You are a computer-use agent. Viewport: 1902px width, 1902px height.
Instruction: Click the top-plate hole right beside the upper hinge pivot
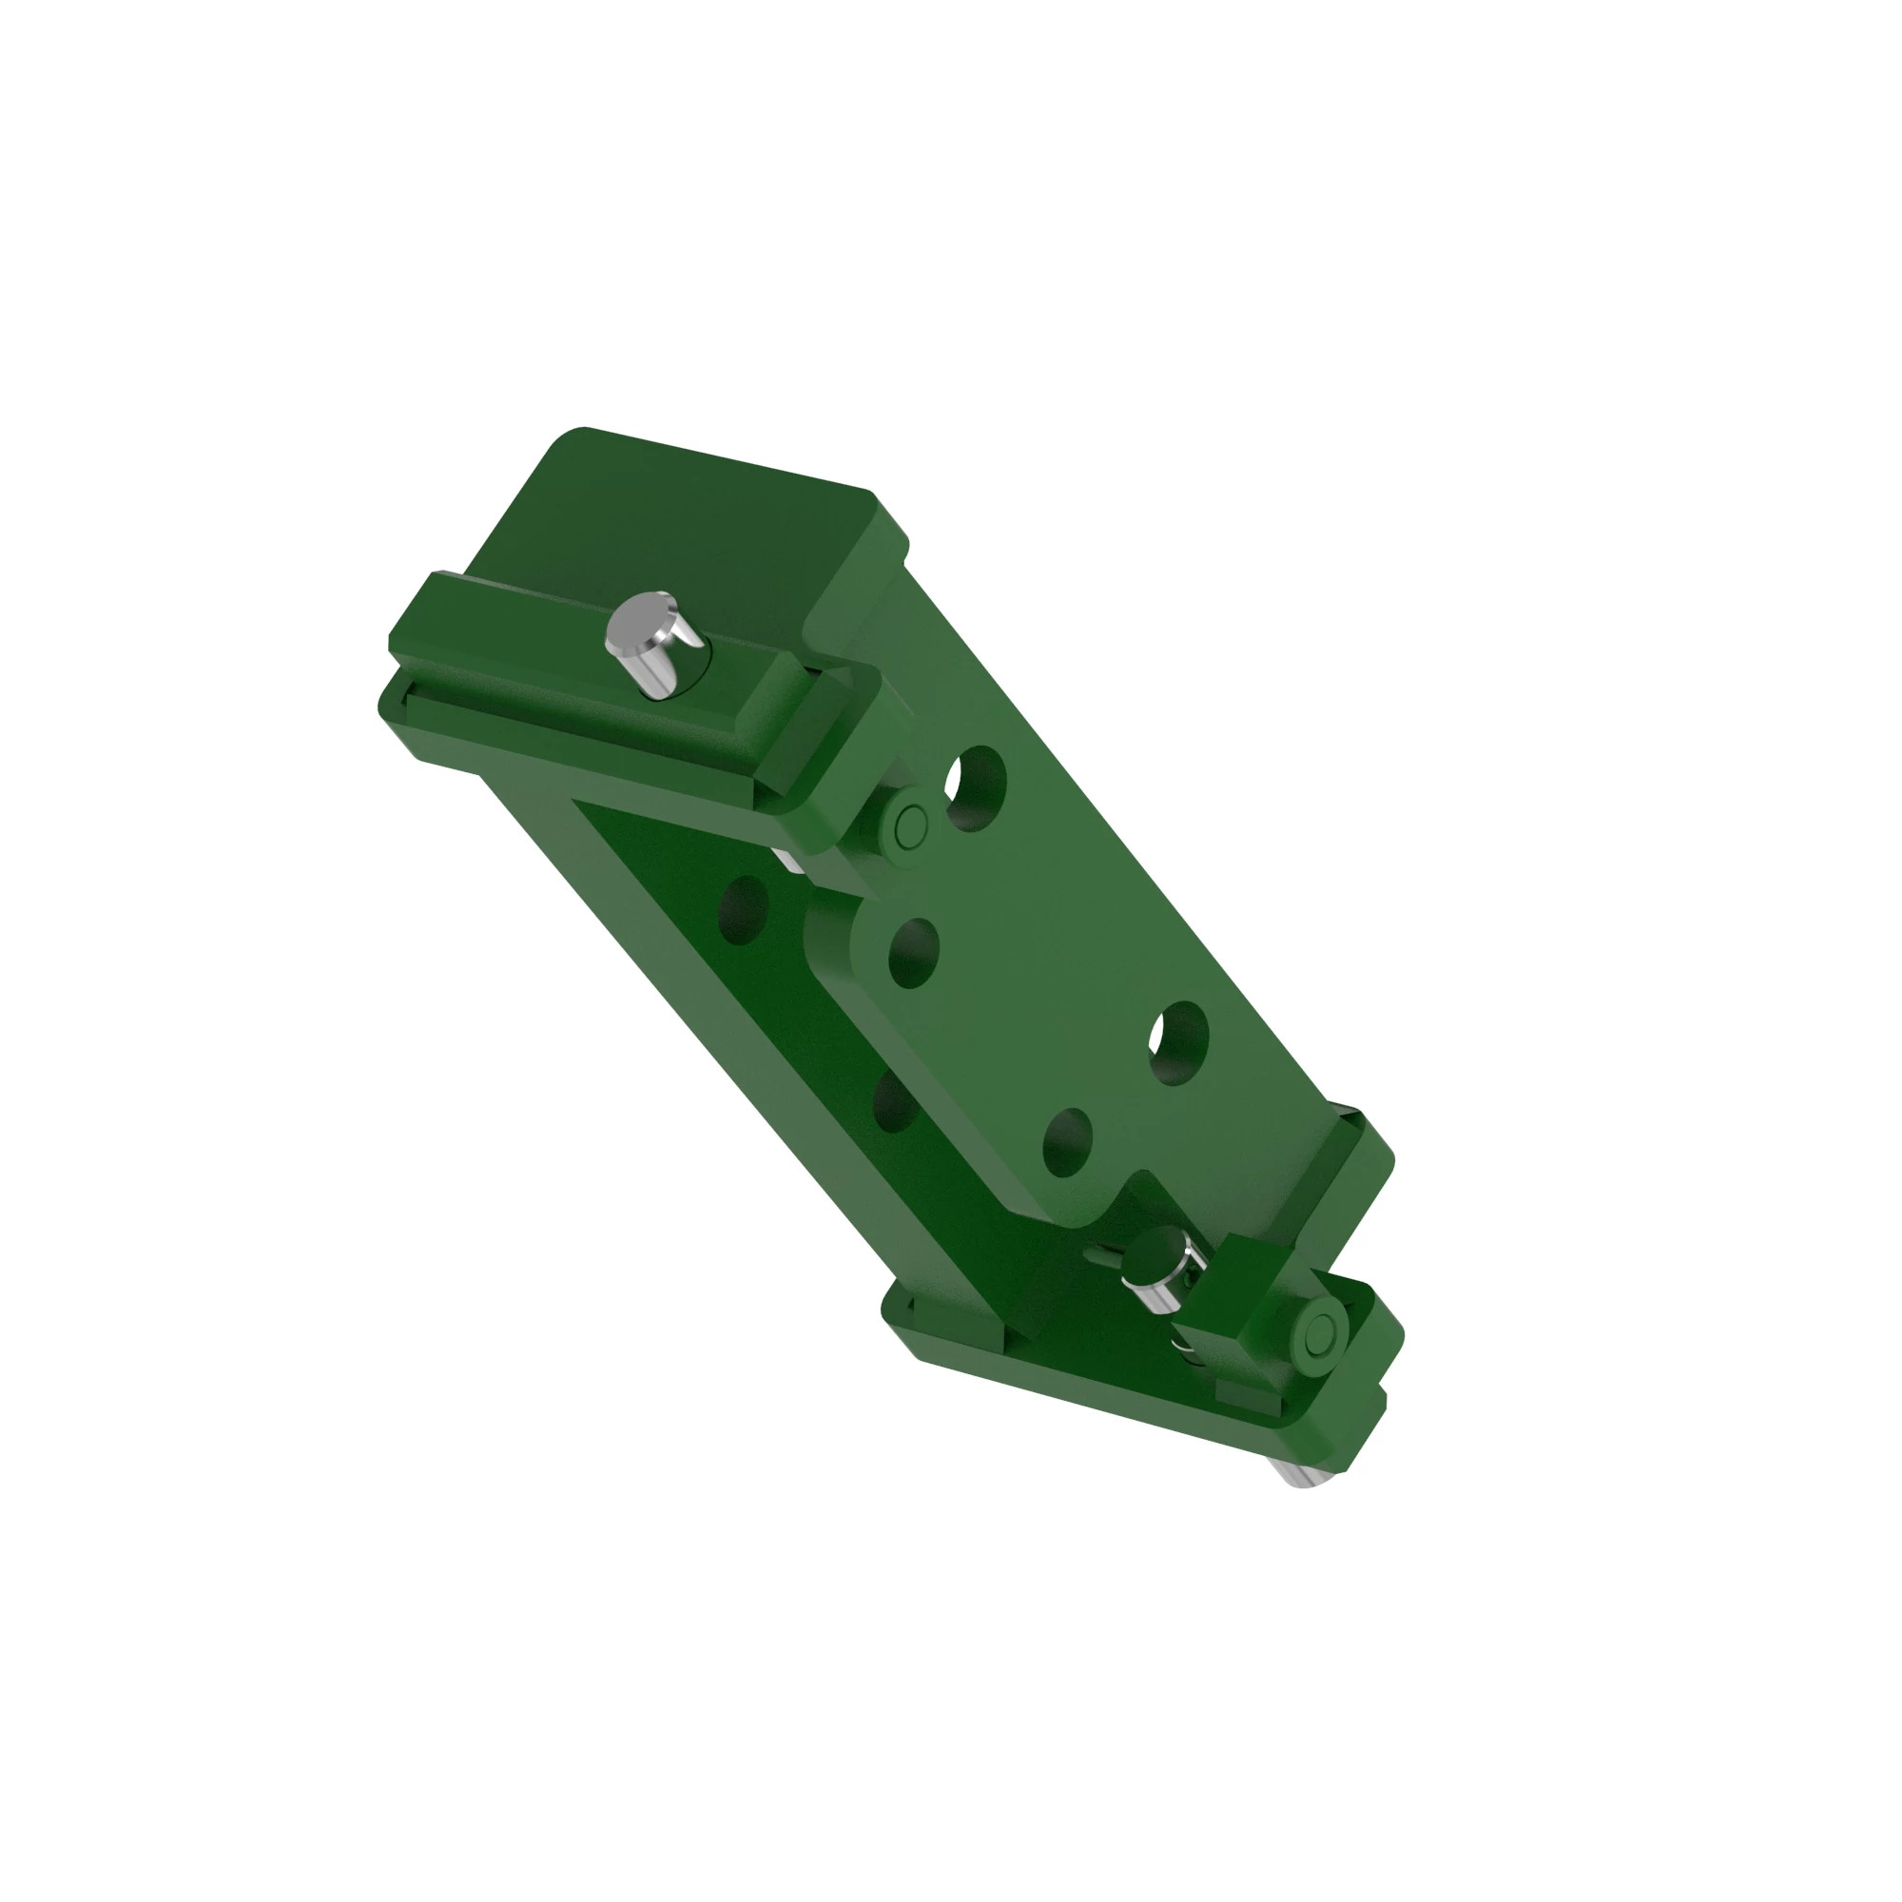(x=975, y=787)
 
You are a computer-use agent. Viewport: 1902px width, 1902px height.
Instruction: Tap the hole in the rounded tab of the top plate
(x=913, y=951)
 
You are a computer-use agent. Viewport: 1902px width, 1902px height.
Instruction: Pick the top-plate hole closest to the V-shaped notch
(x=1067, y=1142)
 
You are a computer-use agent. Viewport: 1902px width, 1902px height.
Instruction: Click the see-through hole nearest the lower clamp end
(x=1178, y=1042)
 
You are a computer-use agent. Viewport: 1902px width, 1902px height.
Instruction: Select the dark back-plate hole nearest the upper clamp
(x=745, y=908)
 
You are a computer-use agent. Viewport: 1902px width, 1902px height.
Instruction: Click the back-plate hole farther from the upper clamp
(x=894, y=1099)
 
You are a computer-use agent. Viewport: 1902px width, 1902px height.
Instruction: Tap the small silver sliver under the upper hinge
(x=787, y=859)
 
